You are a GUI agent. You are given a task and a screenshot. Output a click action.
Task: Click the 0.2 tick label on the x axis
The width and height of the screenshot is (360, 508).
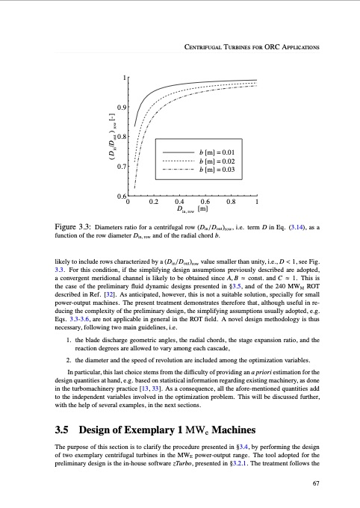tap(154, 201)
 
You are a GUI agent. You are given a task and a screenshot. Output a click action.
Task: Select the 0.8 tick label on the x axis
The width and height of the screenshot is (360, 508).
tap(231, 201)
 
